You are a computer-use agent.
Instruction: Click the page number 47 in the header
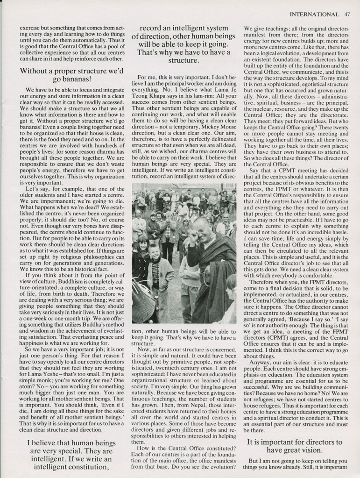(346, 14)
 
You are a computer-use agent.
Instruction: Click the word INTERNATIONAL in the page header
(314, 14)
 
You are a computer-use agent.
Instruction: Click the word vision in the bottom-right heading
(315, 450)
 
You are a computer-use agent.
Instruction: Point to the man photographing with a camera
(166, 222)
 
